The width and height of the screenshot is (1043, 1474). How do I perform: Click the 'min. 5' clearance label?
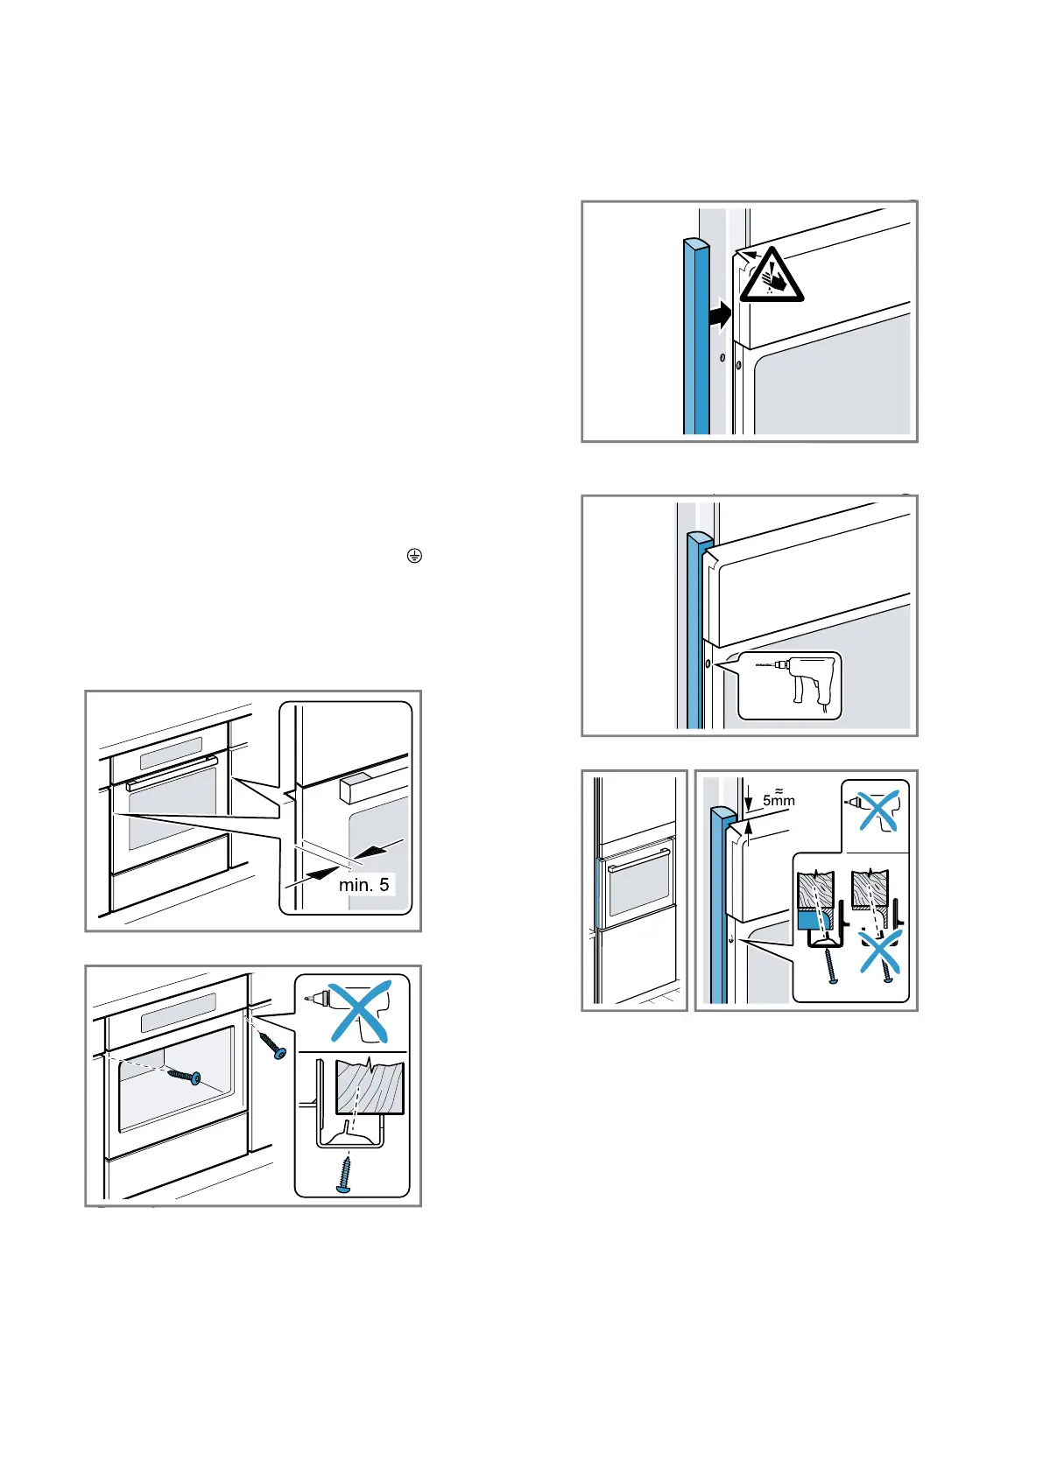click(x=363, y=884)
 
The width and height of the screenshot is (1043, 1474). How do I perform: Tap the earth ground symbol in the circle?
click(x=414, y=556)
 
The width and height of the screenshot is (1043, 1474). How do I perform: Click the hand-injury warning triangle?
click(x=771, y=277)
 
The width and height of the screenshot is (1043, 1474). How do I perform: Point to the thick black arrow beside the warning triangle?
click(x=720, y=313)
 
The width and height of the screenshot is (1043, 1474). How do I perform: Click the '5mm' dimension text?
click(x=779, y=799)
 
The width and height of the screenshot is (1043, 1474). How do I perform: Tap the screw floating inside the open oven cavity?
click(x=185, y=1075)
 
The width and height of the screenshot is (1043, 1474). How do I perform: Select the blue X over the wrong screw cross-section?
click(x=880, y=951)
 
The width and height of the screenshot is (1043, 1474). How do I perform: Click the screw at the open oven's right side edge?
click(x=271, y=1045)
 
